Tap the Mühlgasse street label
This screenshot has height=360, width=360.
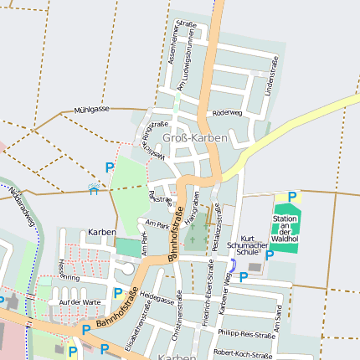pos(91,110)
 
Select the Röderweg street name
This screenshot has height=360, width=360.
pos(228,112)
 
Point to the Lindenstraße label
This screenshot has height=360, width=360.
pos(270,75)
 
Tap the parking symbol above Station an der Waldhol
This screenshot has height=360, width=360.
pos(292,197)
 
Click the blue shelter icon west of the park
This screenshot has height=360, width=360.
pos(94,190)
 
